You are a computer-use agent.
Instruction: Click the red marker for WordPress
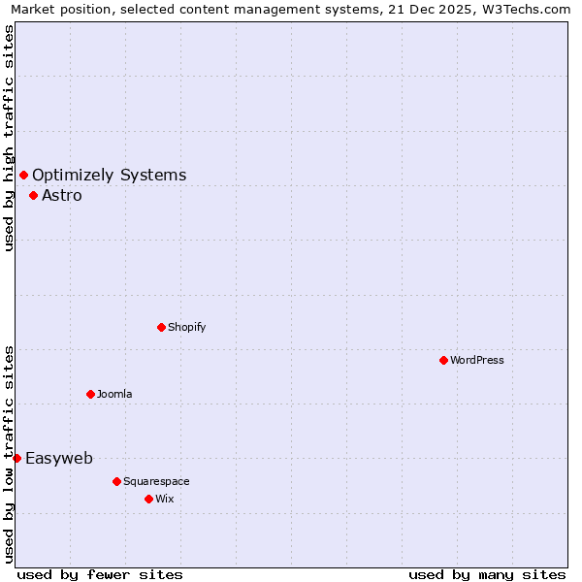[x=443, y=360]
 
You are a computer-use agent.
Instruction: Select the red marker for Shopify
[x=161, y=327]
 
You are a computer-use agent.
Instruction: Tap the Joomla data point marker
[x=90, y=394]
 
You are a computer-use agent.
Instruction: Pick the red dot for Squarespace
[x=116, y=481]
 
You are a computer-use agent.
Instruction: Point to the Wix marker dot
[x=148, y=499]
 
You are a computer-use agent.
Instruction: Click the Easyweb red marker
[x=16, y=458]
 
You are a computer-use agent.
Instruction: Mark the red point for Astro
[x=33, y=195]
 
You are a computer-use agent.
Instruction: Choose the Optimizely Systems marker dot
[x=23, y=175]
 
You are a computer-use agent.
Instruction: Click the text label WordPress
[x=477, y=360]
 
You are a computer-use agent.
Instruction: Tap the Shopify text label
[x=187, y=327]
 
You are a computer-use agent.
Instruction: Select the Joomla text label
[x=114, y=394]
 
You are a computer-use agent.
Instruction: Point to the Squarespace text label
[x=156, y=481]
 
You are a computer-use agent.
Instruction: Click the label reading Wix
[x=165, y=499]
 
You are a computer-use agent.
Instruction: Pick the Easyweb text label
[x=59, y=458]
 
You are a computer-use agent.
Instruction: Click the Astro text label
[x=62, y=195]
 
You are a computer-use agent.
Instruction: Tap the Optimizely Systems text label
[x=110, y=175]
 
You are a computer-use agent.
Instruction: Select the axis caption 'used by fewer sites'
[x=100, y=574]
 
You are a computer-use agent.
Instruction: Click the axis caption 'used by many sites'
[x=487, y=574]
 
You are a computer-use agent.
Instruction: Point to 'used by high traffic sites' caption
[x=10, y=138]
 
